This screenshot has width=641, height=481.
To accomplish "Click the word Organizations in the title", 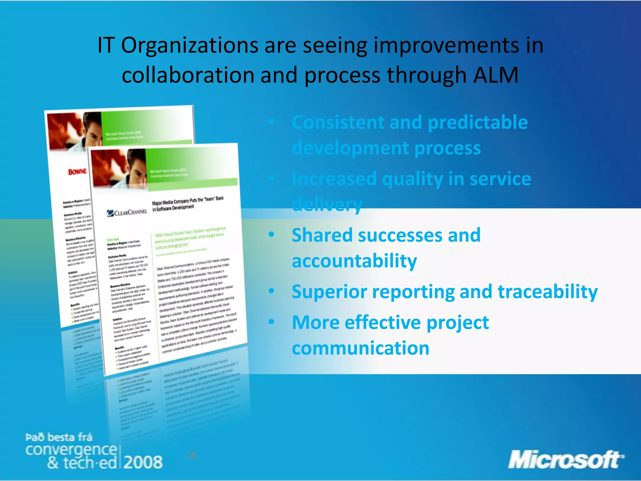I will pyautogui.click(x=190, y=45).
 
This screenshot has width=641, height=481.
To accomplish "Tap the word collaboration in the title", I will pyautogui.click(x=188, y=75).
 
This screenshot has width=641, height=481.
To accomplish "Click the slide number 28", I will pyautogui.click(x=191, y=455).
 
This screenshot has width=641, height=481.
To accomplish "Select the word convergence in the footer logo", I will pyautogui.click(x=71, y=450).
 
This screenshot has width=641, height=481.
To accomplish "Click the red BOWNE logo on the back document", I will pyautogui.click(x=77, y=172).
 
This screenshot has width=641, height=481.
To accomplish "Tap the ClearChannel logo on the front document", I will pyautogui.click(x=127, y=213).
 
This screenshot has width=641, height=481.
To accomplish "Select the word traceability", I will pyautogui.click(x=547, y=292).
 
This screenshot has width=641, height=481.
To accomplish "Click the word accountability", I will pyautogui.click(x=354, y=261).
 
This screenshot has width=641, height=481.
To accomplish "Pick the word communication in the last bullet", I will pyautogui.click(x=361, y=348).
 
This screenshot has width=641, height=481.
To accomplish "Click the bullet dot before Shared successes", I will pyautogui.click(x=271, y=234).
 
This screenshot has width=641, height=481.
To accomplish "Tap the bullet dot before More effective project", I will pyautogui.click(x=271, y=321).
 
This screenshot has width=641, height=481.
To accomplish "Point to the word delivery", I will pyautogui.click(x=327, y=204).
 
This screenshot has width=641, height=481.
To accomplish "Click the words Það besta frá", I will pyautogui.click(x=59, y=437).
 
